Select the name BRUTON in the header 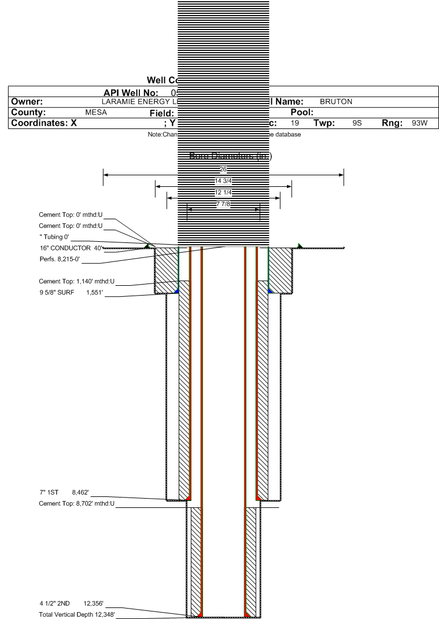(336, 102)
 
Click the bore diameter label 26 (223, 169)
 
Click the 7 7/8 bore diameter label (223, 203)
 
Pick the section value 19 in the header (296, 123)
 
